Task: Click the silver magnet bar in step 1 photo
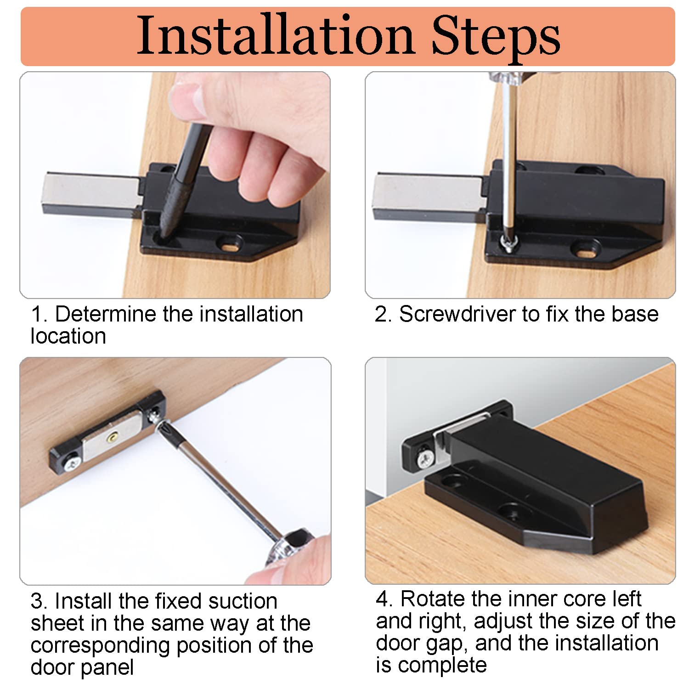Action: tap(91, 193)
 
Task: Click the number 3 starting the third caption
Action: tap(36, 601)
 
